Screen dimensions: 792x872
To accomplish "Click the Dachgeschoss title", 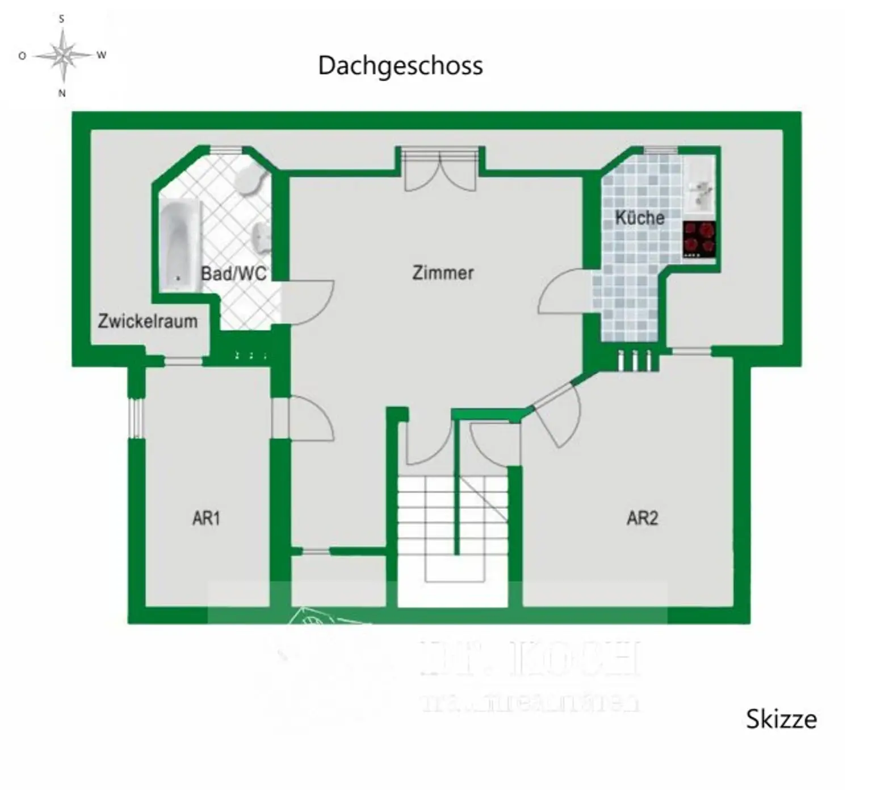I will (400, 66).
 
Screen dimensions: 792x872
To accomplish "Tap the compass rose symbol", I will (62, 56).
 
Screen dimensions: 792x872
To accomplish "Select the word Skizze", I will (781, 719).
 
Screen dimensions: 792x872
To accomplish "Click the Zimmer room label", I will (442, 273).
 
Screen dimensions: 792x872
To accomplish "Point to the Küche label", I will (639, 218).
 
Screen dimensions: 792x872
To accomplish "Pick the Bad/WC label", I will (233, 273).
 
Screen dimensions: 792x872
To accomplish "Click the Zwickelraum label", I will (148, 321).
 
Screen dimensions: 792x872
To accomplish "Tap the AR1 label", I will (206, 518).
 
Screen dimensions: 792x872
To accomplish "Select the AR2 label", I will (642, 518).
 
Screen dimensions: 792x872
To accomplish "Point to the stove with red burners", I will (699, 239).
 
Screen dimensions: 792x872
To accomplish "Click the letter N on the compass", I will (62, 93).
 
